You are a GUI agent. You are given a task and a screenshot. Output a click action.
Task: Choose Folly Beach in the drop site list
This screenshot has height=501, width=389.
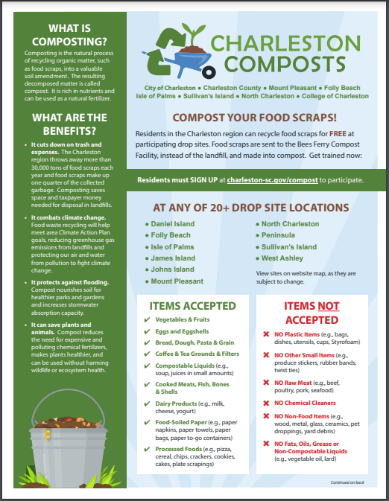(171, 235)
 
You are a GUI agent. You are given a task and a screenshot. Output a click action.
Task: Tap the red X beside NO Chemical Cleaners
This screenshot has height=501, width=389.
(266, 403)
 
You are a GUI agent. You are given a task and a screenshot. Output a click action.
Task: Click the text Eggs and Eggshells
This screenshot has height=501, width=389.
(183, 331)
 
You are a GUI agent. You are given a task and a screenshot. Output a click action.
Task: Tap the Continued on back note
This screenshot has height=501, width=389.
(347, 482)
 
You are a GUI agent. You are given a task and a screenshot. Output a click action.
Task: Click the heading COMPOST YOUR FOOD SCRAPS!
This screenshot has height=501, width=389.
(255, 117)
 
